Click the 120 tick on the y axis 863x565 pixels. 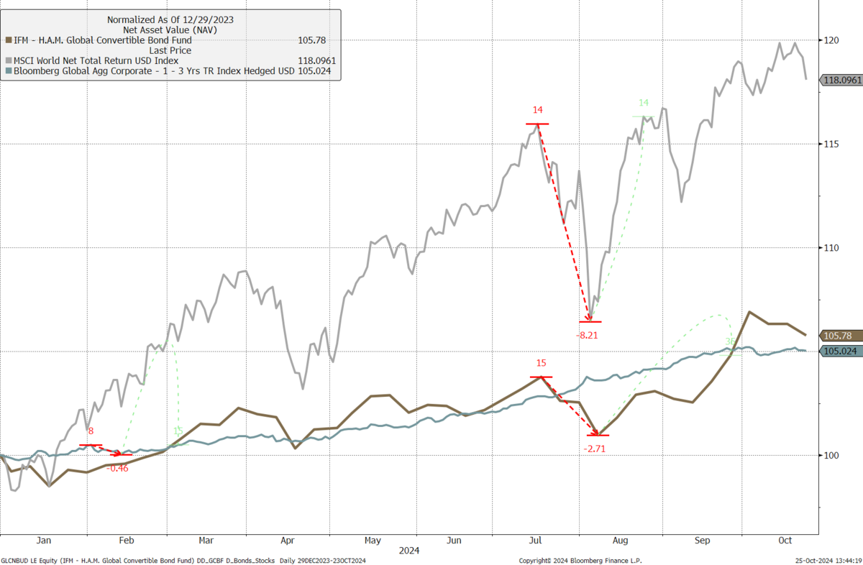832,40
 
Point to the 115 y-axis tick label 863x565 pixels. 832,144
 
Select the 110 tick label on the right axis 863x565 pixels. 832,248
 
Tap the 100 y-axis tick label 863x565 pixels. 832,455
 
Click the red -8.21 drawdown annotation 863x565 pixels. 587,335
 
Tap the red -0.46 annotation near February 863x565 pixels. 117,468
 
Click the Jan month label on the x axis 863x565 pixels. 43,540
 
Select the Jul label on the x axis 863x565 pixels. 536,540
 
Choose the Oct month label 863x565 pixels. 785,540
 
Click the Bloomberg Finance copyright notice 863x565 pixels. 580,560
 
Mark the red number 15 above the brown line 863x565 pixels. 541,364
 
